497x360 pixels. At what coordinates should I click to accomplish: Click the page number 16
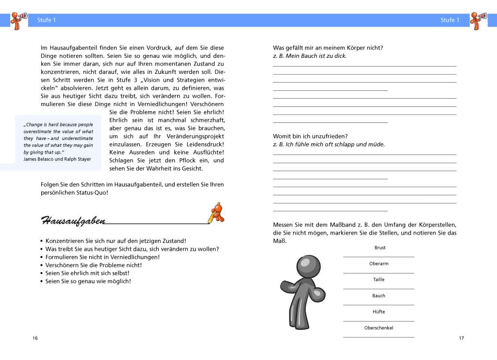tap(35, 338)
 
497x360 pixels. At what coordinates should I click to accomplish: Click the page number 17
tap(461, 338)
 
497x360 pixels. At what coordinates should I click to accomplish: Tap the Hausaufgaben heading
tap(73, 221)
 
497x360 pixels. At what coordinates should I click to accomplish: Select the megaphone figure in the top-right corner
tap(478, 20)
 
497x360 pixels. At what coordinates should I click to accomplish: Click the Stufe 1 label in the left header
tap(47, 20)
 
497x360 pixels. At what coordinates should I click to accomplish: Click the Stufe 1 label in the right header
tap(450, 20)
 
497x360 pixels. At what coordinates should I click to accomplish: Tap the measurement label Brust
tap(380, 248)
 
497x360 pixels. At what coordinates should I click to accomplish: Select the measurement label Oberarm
tap(379, 264)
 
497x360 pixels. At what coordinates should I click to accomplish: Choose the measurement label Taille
tap(379, 280)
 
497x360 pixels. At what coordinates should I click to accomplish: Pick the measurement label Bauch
tap(379, 296)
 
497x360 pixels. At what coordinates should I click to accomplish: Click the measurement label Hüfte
tap(379, 312)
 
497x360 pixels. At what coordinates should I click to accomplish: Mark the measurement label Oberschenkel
tap(379, 328)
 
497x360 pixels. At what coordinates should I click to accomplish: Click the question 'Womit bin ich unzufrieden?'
tap(310, 136)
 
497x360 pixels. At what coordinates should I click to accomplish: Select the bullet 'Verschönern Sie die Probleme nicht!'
tap(93, 265)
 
